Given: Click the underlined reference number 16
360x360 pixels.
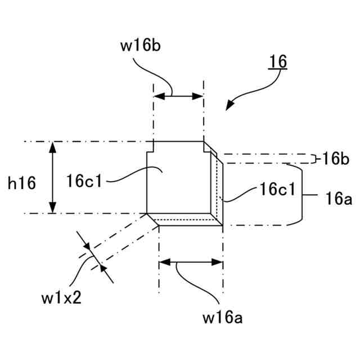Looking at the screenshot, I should click(278, 61).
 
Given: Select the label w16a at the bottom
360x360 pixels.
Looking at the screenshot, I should click(223, 319).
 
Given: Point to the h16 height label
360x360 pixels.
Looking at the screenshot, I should click(21, 182).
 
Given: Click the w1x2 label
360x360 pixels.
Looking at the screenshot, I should click(61, 296).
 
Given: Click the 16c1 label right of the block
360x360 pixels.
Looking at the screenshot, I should click(277, 190).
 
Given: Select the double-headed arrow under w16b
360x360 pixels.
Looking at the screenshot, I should click(178, 96).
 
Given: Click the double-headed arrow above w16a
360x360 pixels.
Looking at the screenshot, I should click(192, 262).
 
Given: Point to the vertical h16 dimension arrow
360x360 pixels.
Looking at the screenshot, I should click(53, 177).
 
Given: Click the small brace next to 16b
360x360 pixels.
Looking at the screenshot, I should click(313, 159).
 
